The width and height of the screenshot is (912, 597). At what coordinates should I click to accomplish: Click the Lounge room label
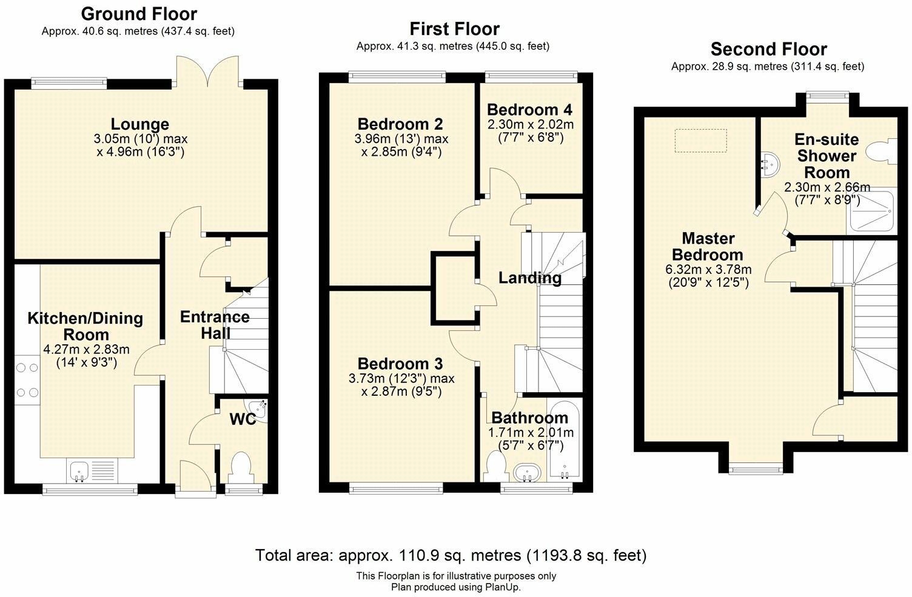click(140, 124)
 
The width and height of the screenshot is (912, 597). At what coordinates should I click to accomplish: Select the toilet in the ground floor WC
click(242, 466)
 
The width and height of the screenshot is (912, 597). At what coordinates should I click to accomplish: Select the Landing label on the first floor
click(529, 278)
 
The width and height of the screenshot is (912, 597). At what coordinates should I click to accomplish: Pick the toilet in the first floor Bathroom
click(497, 467)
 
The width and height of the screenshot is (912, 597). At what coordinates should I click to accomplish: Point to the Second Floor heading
click(768, 49)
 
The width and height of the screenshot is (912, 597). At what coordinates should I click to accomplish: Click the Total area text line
click(451, 555)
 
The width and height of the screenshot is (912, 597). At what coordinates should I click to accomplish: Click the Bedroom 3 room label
click(400, 364)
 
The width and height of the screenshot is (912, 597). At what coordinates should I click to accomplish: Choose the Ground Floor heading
click(139, 13)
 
